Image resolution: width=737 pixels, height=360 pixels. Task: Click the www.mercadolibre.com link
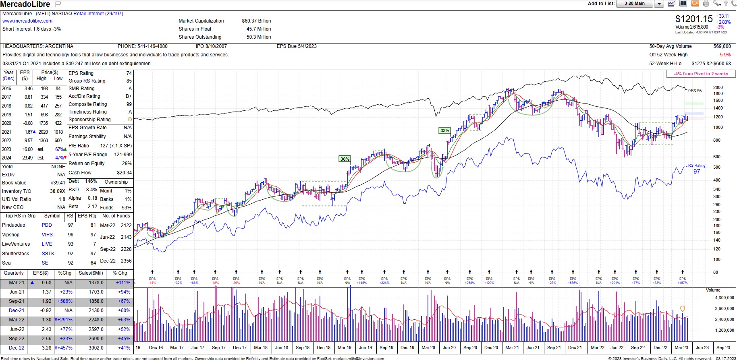(x=27, y=21)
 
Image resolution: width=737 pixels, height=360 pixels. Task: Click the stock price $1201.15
(x=694, y=19)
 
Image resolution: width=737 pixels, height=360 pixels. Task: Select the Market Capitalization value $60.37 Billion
(x=256, y=21)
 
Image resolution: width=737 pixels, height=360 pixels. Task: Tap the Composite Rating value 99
(x=129, y=104)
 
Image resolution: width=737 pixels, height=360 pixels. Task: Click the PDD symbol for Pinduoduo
(x=47, y=225)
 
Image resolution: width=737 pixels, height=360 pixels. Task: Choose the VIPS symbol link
(x=47, y=235)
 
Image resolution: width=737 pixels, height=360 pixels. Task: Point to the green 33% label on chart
(x=444, y=130)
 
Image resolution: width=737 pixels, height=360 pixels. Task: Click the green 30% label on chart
(x=345, y=159)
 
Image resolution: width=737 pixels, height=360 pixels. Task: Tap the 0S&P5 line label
(x=695, y=91)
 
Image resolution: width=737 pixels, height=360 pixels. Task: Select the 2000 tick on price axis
(x=718, y=87)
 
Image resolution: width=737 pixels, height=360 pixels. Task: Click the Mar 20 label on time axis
(x=428, y=348)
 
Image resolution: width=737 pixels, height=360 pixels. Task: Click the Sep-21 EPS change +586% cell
(x=65, y=301)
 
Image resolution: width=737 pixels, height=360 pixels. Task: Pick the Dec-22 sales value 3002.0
(x=96, y=348)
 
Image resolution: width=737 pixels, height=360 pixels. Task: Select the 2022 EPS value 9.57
(x=28, y=141)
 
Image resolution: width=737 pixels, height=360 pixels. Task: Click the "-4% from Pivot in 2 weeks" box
(x=701, y=74)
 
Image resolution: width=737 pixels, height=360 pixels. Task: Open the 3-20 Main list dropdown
(x=659, y=4)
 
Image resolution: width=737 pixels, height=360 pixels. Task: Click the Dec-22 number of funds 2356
(x=126, y=261)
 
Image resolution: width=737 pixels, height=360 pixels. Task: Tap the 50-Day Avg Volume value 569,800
(x=722, y=46)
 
